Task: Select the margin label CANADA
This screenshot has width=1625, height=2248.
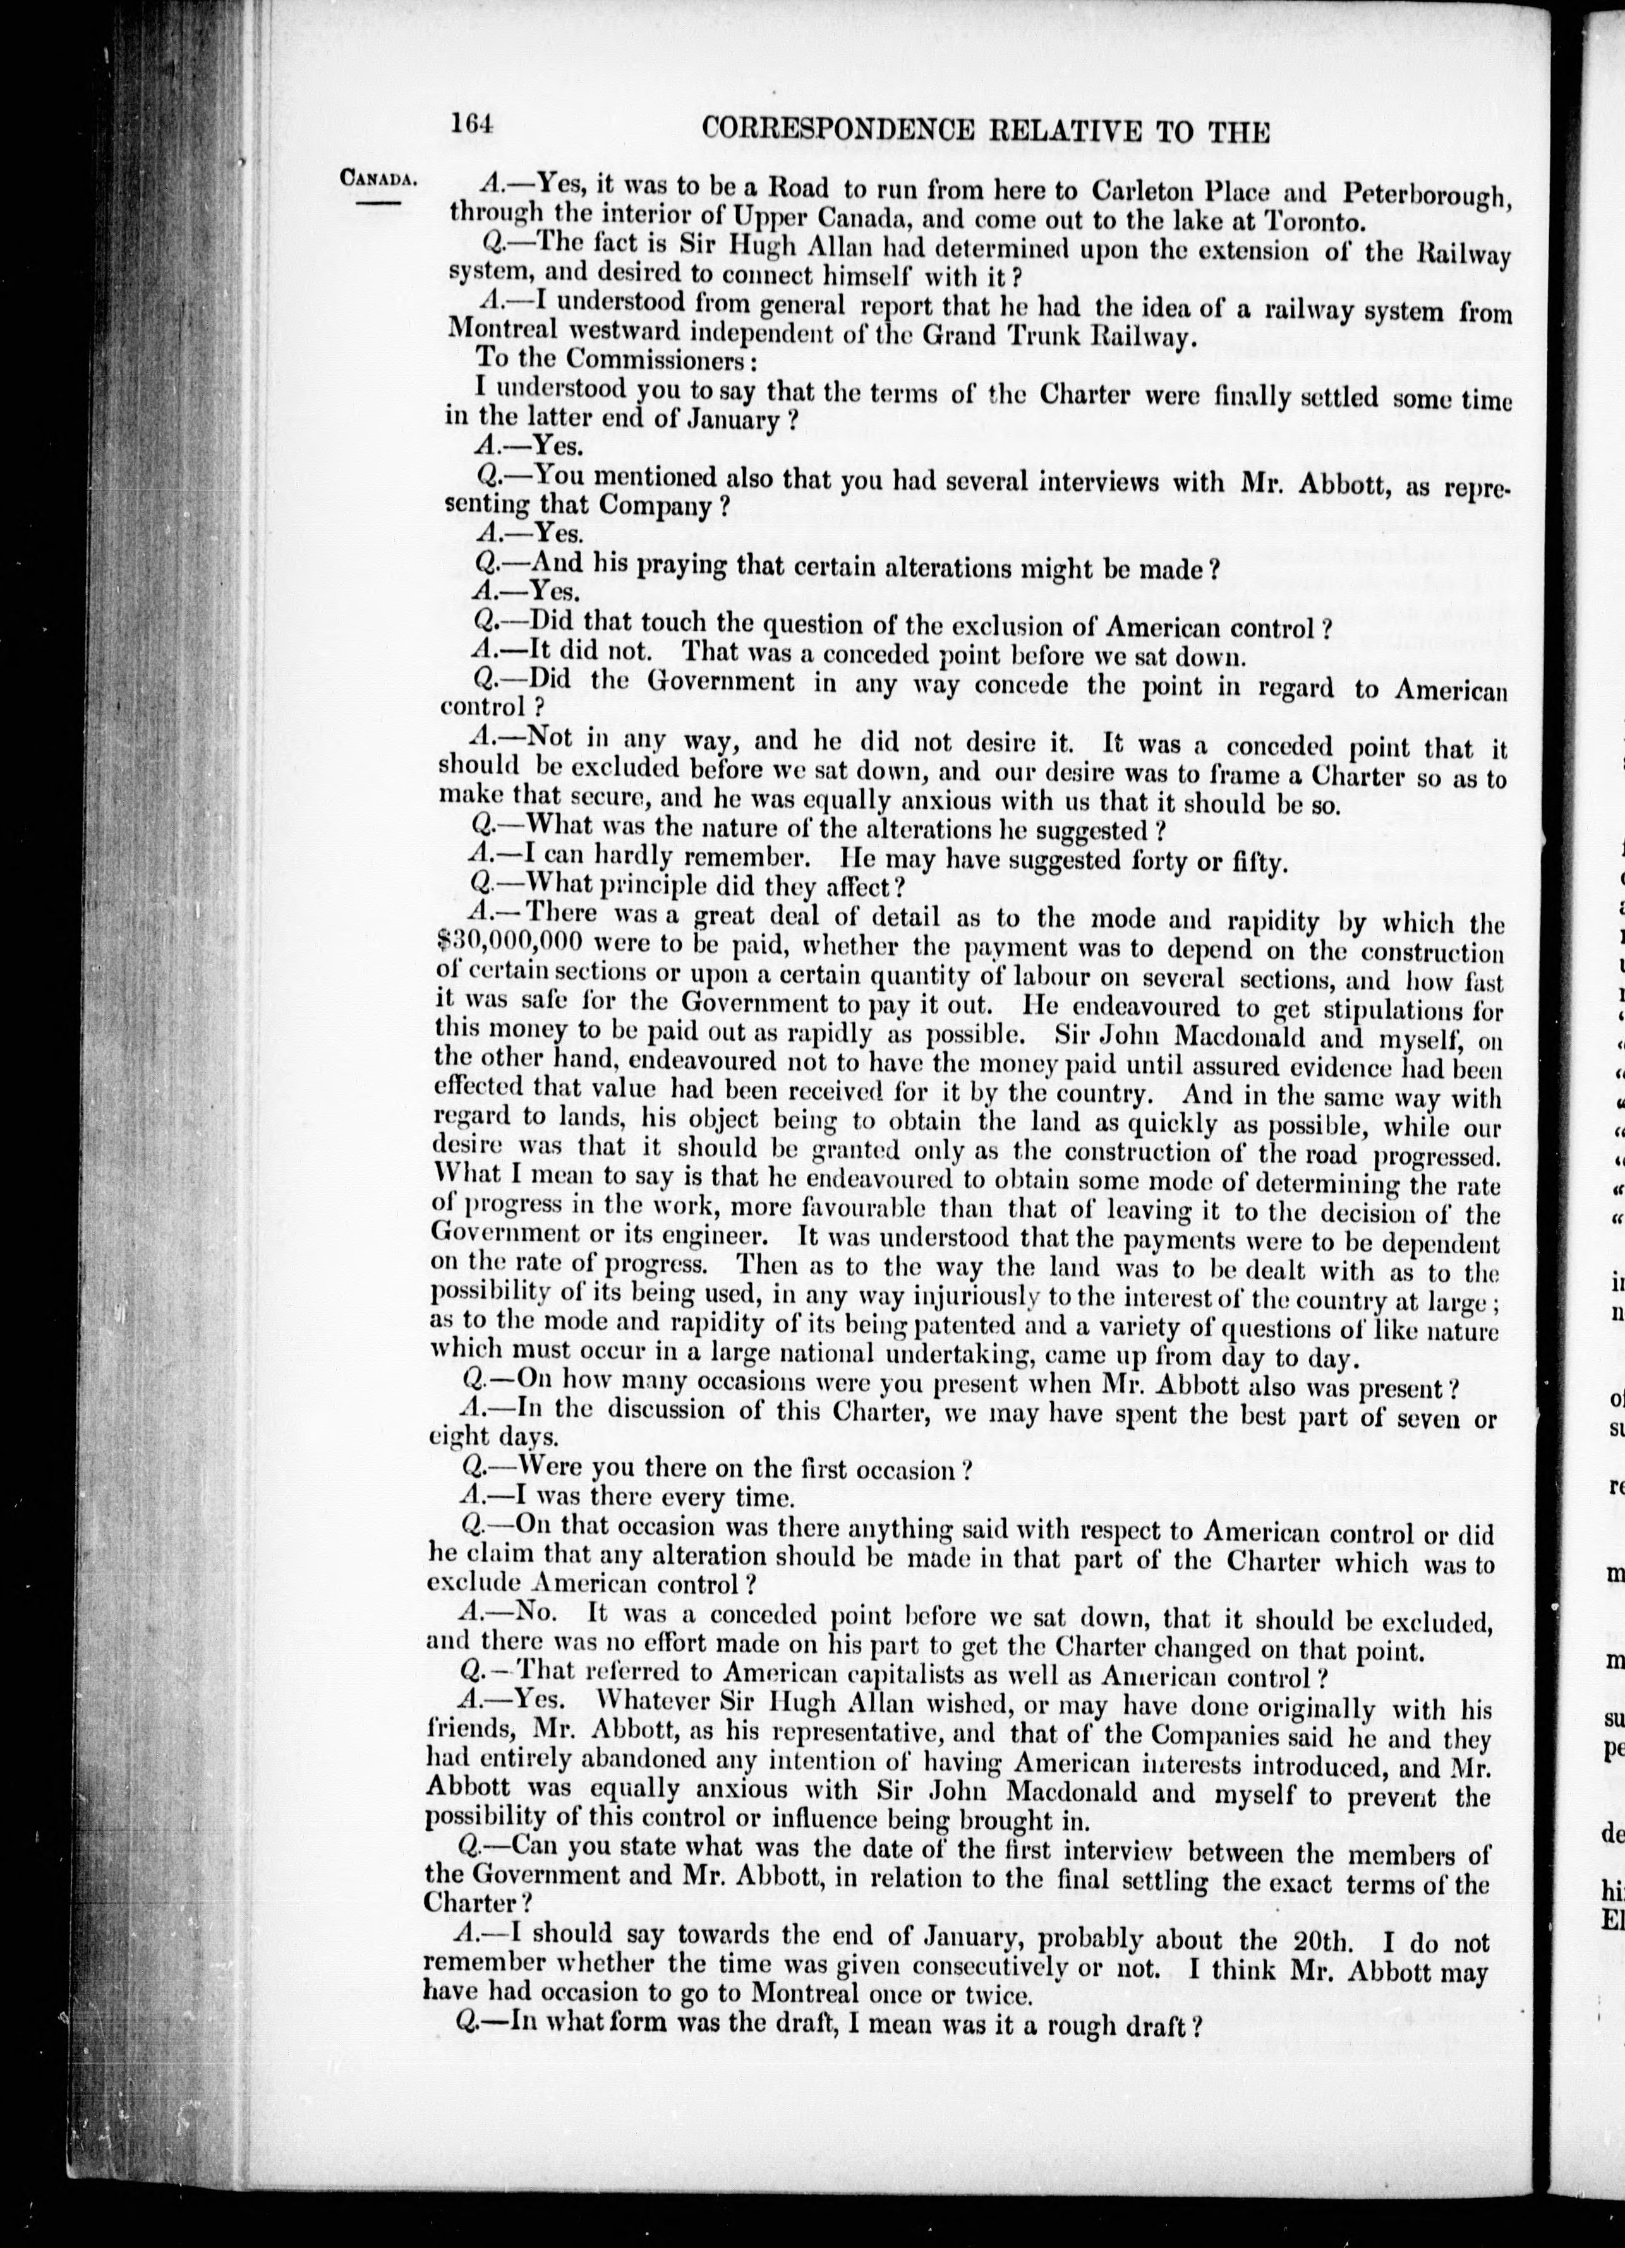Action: pyautogui.click(x=377, y=179)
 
